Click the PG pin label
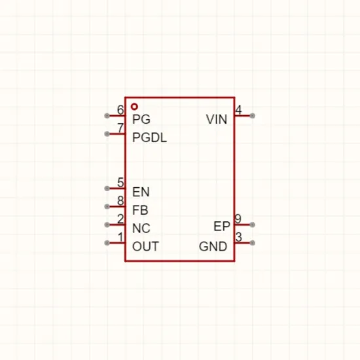coord(141,119)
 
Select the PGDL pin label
coord(149,137)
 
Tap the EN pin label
coord(141,192)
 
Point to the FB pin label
coord(140,210)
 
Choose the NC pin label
coord(141,228)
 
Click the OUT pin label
coord(145,246)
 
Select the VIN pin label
coord(217,119)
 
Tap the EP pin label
coord(222,226)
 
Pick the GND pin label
coord(213,246)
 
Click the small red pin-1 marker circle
coord(134,107)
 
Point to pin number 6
coord(120,110)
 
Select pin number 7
coord(120,128)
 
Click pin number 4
coord(238,110)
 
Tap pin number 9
coord(238,219)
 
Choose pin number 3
coord(239,237)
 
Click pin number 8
coord(120,201)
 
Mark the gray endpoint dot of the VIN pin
coord(252,116)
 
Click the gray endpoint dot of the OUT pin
coord(107,243)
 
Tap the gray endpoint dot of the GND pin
coord(252,243)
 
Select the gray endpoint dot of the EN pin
coord(107,189)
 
